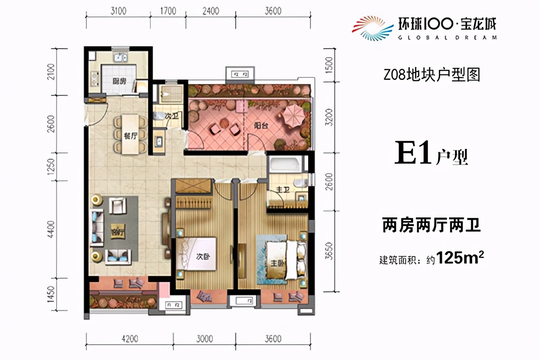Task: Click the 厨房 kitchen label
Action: (119, 81)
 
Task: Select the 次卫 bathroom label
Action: (169, 116)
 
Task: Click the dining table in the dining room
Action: (130, 134)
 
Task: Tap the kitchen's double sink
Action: (120, 58)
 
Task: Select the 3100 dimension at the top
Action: (117, 11)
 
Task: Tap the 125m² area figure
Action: (459, 258)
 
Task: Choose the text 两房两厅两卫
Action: (431, 225)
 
